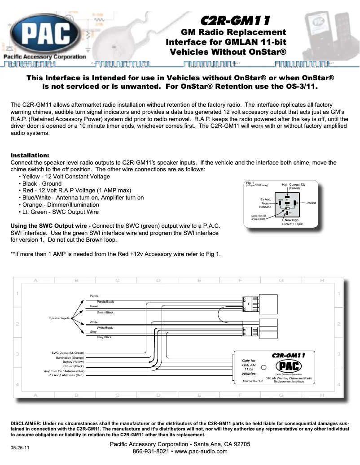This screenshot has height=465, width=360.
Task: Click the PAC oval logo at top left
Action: pyautogui.click(x=43, y=33)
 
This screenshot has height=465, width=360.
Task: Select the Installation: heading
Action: pyautogui.click(x=30, y=155)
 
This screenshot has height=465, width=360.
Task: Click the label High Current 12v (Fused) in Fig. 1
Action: pyautogui.click(x=294, y=186)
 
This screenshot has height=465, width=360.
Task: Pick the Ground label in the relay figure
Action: pyautogui.click(x=310, y=203)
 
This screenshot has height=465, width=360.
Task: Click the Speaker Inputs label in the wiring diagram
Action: pyautogui.click(x=59, y=318)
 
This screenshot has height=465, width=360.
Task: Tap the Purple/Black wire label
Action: pyautogui.click(x=105, y=302)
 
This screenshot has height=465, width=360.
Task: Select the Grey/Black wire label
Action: pyautogui.click(x=104, y=337)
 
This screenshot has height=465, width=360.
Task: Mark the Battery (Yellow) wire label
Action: pyautogui.click(x=73, y=362)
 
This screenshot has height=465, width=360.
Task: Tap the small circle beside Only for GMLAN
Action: pyautogui.click(x=264, y=367)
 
